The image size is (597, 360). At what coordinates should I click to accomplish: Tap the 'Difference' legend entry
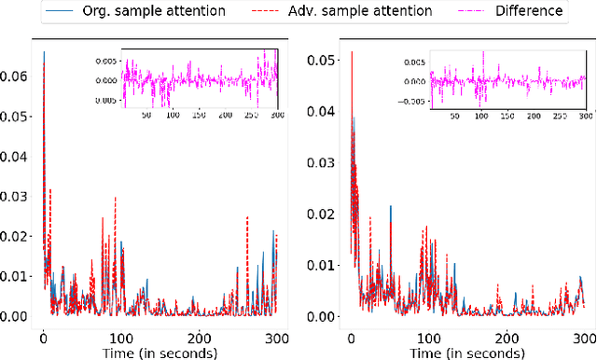pyautogui.click(x=529, y=11)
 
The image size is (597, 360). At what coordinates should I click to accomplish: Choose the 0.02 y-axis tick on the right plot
pyautogui.click(x=323, y=215)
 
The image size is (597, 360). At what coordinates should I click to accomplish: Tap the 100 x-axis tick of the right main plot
pyautogui.click(x=429, y=338)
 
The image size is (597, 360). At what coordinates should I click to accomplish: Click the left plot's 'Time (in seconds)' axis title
pyautogui.click(x=160, y=353)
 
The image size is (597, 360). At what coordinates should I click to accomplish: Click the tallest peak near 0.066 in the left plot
pyautogui.click(x=44, y=53)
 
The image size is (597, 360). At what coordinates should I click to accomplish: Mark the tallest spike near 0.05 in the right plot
pyautogui.click(x=351, y=53)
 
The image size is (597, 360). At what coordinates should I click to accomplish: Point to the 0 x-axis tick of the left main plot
pyautogui.click(x=44, y=338)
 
